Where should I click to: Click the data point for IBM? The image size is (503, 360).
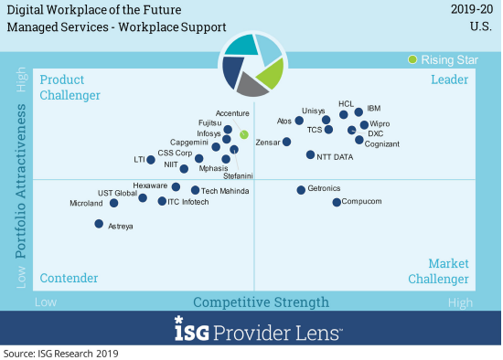(x=358, y=112)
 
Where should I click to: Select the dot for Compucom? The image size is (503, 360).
(x=337, y=201)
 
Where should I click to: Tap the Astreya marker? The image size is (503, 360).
(x=99, y=222)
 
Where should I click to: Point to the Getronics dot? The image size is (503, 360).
(x=301, y=190)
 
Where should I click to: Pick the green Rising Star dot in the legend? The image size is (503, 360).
(x=413, y=60)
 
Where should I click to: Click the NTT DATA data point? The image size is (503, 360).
(x=311, y=154)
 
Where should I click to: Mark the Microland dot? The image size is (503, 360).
(x=113, y=203)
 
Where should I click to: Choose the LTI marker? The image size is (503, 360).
(x=151, y=160)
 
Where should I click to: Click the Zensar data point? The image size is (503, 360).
(x=287, y=142)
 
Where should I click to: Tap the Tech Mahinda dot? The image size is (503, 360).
(x=195, y=190)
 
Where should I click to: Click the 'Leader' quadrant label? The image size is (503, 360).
(x=449, y=80)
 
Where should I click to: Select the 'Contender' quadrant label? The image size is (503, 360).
(x=70, y=278)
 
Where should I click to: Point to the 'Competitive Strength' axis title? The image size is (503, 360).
(x=261, y=302)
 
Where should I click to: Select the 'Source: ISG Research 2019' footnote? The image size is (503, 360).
(x=61, y=353)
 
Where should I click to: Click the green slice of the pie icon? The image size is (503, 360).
(x=271, y=74)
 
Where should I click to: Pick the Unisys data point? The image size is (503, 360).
(x=326, y=120)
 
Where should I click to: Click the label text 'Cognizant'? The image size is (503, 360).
(x=381, y=143)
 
